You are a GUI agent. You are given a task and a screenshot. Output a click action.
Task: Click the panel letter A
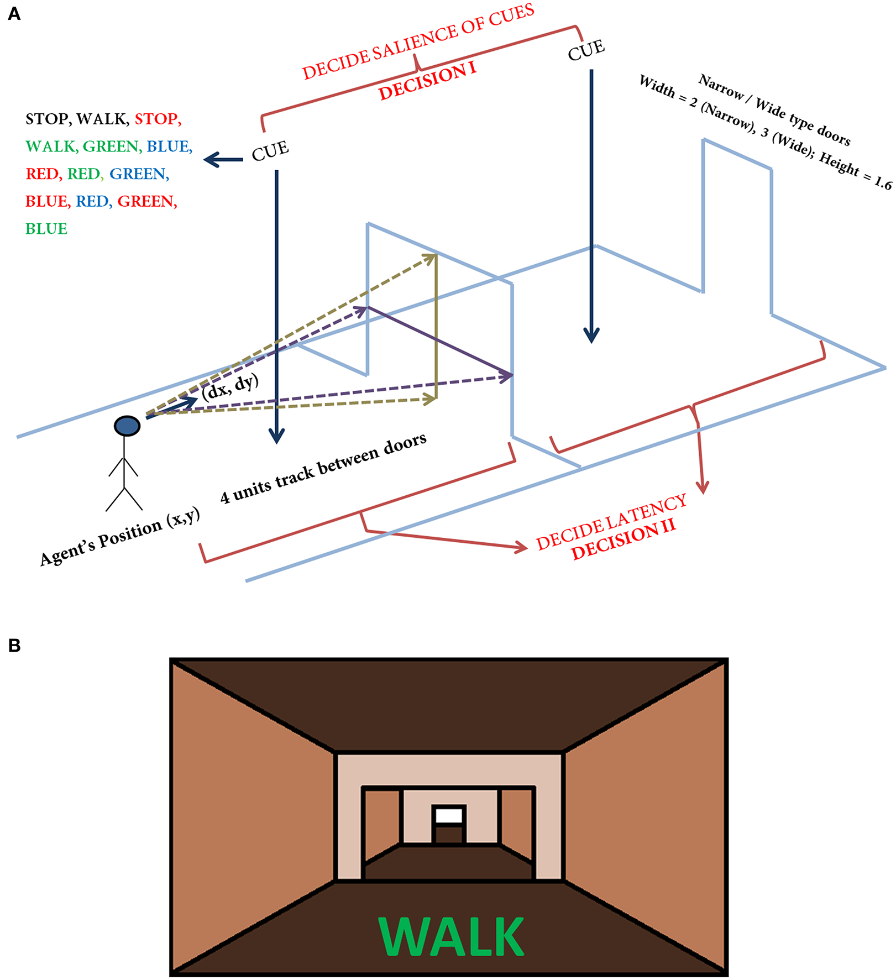[14, 14]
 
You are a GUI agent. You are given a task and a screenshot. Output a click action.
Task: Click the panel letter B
[14, 646]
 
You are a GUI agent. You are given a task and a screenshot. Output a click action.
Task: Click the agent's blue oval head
[127, 426]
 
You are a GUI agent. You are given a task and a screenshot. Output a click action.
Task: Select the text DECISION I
[427, 82]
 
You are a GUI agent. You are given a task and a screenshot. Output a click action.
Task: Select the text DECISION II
[623, 541]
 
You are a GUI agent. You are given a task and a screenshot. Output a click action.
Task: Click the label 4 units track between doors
[324, 468]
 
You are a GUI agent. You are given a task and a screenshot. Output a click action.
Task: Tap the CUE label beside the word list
[270, 151]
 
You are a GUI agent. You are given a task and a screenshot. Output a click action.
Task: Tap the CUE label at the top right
[586, 50]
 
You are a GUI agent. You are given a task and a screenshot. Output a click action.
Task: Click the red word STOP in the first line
[157, 119]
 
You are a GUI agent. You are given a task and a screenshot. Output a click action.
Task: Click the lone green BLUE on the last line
[46, 229]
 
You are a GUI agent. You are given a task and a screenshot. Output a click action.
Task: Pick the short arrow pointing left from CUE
[223, 160]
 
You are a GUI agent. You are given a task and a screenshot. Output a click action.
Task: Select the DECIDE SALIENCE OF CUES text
[418, 41]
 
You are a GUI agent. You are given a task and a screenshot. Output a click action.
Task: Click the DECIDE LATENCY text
[611, 522]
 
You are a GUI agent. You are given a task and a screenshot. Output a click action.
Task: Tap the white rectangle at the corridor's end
[449, 816]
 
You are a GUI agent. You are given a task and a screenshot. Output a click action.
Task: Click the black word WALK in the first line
[102, 119]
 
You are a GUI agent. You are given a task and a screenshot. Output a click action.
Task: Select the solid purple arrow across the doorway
[439, 342]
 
